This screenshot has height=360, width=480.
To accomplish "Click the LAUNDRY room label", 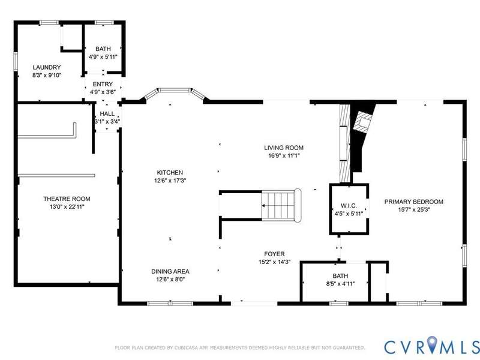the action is click(x=47, y=67).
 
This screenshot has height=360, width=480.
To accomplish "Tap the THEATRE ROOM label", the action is click(x=67, y=199).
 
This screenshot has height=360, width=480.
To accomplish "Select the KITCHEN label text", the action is click(x=170, y=173).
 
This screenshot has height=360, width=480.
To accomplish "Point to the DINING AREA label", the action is click(x=170, y=272).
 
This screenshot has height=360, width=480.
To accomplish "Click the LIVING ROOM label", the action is click(x=284, y=148).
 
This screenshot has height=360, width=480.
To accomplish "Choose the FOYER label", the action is click(x=274, y=254).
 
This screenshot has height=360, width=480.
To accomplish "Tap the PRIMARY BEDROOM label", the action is click(x=414, y=202).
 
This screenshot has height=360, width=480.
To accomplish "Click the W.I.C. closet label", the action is click(x=349, y=206).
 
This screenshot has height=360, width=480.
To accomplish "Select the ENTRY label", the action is click(x=103, y=84).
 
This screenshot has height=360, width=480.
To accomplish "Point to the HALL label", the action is click(x=107, y=114).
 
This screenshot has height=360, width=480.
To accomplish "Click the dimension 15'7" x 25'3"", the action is click(x=414, y=210).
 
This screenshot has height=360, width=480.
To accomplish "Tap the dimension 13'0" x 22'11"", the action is click(x=67, y=207).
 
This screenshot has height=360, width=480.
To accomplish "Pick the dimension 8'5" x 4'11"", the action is click(x=340, y=284).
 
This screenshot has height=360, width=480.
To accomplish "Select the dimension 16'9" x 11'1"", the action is click(x=284, y=156).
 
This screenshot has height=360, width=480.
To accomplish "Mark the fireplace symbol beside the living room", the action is click(x=364, y=122).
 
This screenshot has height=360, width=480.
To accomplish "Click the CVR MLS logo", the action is click(x=432, y=347).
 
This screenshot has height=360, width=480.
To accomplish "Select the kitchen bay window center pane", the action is click(x=175, y=90).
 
